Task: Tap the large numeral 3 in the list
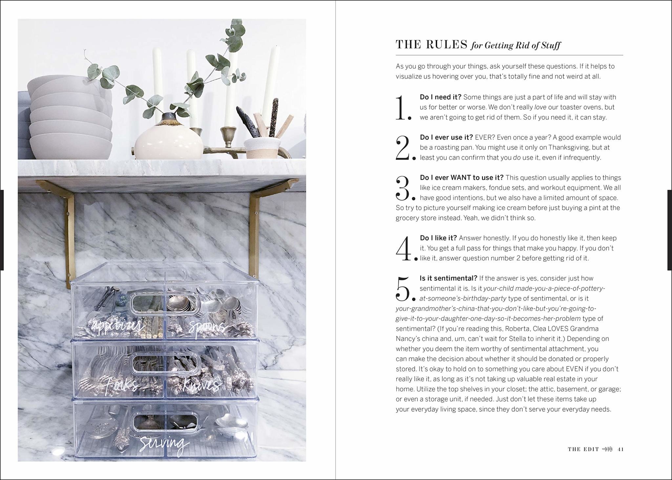[403, 188]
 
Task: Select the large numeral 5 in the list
[403, 289]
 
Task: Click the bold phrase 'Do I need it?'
[440, 97]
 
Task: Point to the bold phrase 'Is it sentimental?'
[448, 278]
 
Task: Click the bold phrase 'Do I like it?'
[438, 238]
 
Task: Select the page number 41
[620, 449]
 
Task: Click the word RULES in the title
[447, 45]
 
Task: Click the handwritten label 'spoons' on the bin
[207, 327]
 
